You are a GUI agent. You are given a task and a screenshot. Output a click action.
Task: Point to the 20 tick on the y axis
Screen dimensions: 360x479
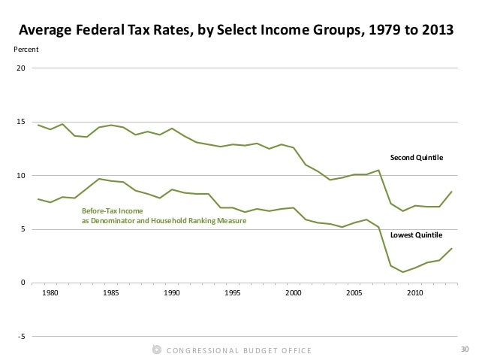[x=21, y=69]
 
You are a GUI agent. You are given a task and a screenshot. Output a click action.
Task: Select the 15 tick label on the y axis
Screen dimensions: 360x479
[x=21, y=123]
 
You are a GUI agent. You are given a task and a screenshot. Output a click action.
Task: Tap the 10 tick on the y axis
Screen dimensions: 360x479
[x=21, y=176]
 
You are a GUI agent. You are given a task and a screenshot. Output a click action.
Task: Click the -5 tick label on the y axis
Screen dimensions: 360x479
[x=21, y=337]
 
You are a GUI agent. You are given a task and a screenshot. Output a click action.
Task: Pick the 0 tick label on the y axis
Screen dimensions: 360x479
[x=23, y=283]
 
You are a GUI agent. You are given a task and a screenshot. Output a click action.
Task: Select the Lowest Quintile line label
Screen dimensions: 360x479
[x=416, y=235]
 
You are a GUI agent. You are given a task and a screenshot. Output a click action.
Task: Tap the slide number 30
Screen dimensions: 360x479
[x=464, y=349]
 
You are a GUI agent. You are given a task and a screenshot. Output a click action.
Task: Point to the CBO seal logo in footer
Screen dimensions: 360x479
[x=156, y=349]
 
